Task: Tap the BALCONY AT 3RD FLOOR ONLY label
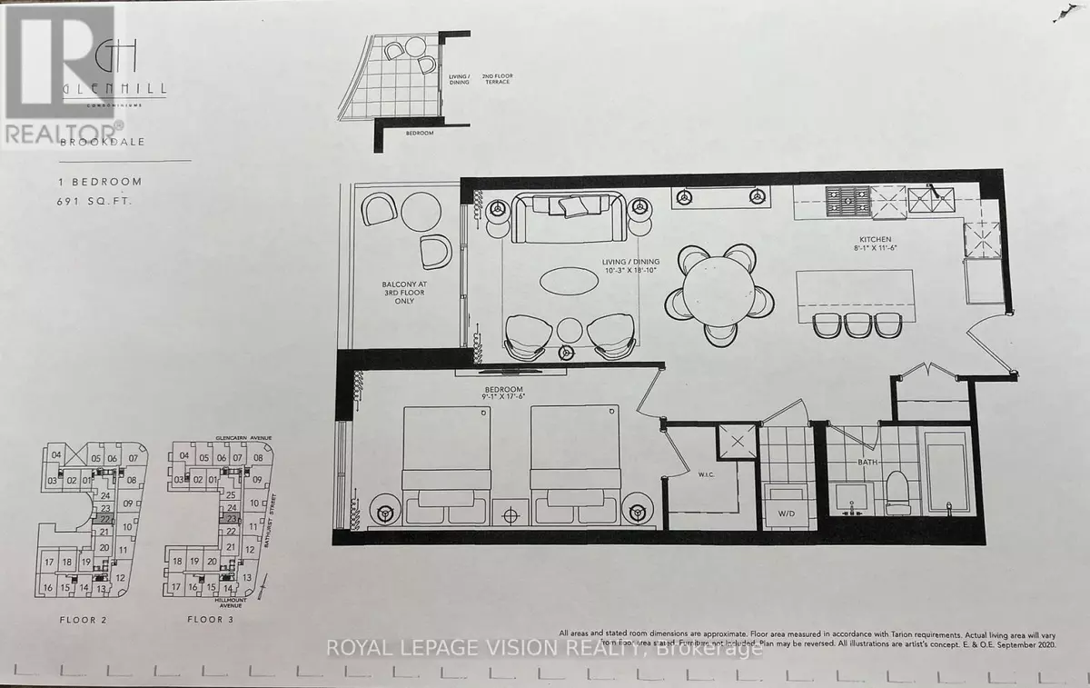(402, 294)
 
